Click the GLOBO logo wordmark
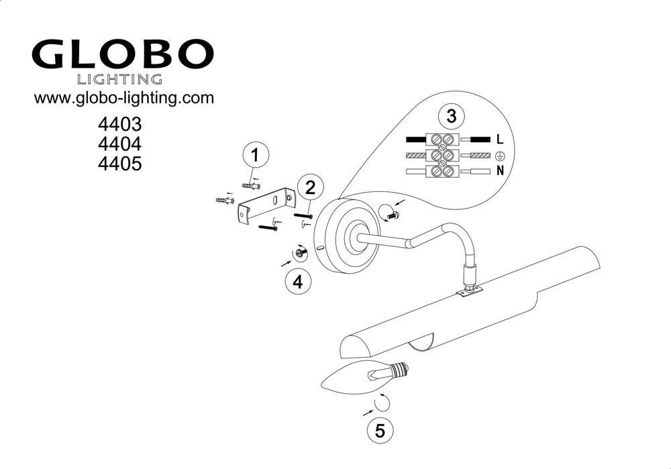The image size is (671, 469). pyautogui.click(x=122, y=54)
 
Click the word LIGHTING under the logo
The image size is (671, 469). pyautogui.click(x=119, y=79)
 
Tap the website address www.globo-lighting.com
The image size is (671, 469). pyautogui.click(x=123, y=98)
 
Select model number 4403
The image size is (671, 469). pyautogui.click(x=120, y=125)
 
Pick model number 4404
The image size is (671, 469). pyautogui.click(x=120, y=144)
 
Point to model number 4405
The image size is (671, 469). pyautogui.click(x=120, y=164)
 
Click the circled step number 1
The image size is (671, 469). pyautogui.click(x=256, y=155)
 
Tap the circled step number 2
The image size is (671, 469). pyautogui.click(x=310, y=187)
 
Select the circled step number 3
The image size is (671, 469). pyautogui.click(x=452, y=116)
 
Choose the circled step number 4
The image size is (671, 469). pyautogui.click(x=299, y=282)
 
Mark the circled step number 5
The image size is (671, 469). pyautogui.click(x=380, y=430)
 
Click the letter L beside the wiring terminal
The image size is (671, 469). pyautogui.click(x=500, y=139)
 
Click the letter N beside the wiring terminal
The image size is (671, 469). pyautogui.click(x=500, y=170)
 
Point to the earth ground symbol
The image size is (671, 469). pyautogui.click(x=499, y=155)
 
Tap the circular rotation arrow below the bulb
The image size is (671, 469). pyautogui.click(x=381, y=403)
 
